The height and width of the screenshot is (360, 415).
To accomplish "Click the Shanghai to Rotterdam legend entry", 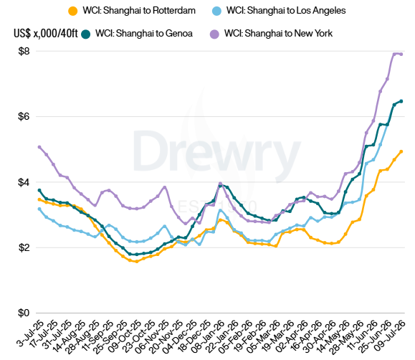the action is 132,11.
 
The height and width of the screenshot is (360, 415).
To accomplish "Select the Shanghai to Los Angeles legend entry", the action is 279,11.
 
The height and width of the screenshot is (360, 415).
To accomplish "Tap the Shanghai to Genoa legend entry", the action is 137,34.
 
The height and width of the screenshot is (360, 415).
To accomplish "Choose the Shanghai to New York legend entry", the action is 271,34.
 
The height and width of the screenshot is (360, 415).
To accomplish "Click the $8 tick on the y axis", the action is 24,51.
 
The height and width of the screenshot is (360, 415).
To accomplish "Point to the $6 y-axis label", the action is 24,116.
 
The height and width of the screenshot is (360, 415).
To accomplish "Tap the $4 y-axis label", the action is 24,182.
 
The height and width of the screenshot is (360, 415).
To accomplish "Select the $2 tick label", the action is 24,247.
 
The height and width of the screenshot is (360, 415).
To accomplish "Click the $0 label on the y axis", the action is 24,313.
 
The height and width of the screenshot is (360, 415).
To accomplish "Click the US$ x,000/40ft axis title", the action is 46,34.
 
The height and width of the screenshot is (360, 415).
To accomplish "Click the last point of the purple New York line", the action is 401,55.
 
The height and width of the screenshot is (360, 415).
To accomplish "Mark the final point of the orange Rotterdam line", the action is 401,151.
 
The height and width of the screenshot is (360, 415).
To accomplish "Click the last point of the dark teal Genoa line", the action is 401,101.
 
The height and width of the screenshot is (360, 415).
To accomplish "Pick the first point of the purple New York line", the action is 39,147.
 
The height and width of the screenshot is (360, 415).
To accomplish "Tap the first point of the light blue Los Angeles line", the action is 39,209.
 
